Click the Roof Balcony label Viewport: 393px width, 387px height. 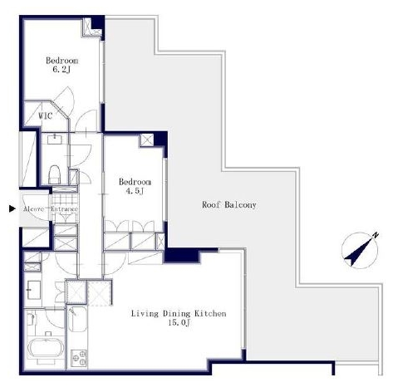229,205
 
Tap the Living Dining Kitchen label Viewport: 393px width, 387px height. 179,314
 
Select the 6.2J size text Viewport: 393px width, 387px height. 61,70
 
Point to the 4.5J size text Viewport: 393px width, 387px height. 135,191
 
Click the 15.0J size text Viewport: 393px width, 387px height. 179,322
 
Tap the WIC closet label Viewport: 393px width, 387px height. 45,115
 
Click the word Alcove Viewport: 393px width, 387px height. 34,209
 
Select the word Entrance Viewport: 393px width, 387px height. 64,209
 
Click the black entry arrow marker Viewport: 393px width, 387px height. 12,208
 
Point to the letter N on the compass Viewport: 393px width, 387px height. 375,235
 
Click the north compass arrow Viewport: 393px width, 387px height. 359,252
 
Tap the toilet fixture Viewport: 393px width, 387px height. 55,174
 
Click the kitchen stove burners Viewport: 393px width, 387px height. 79,358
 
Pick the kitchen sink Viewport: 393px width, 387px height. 77,319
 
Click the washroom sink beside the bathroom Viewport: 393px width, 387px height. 34,290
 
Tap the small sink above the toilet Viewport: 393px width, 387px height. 55,139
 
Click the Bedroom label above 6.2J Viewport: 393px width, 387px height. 61,61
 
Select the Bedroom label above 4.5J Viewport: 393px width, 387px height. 135,182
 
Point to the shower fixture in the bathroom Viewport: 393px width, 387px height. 32,319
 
